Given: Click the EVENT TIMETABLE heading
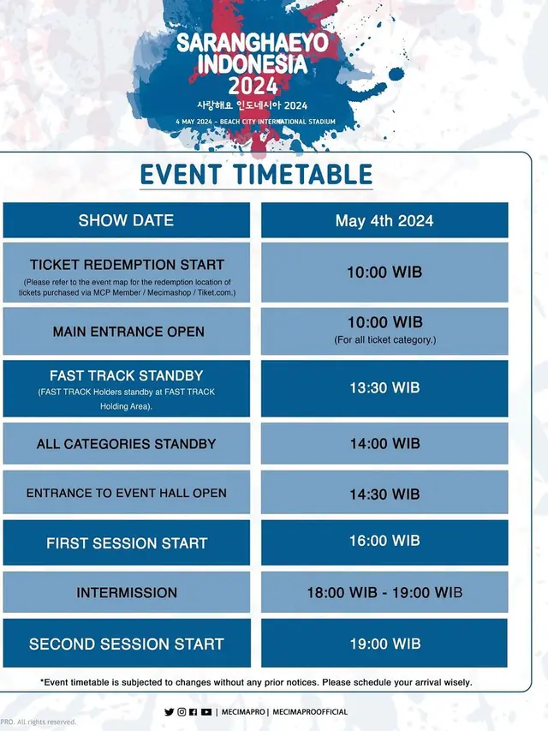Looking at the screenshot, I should [256, 175].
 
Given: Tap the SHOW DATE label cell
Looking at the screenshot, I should [127, 220].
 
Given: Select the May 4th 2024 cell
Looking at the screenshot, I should [384, 220].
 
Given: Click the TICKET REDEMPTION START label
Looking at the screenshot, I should [127, 265].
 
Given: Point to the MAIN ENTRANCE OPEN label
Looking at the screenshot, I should [128, 332].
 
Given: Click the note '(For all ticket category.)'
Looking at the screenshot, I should [384, 340].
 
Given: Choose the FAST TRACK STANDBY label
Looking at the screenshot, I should [126, 375].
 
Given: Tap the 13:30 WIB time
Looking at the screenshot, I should [384, 388].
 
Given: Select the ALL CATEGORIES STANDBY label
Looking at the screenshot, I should [126, 444].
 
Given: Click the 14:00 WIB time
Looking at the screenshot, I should [384, 444].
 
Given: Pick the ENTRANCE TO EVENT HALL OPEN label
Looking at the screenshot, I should [127, 493].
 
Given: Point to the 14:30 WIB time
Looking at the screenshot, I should [384, 494].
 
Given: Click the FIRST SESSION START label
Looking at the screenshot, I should [127, 543].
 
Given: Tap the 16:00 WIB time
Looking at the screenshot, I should [384, 542].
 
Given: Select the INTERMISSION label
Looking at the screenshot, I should [127, 592].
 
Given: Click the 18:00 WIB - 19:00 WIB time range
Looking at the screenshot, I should [384, 592].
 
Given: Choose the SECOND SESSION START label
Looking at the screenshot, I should [127, 644].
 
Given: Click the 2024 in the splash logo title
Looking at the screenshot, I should [253, 85].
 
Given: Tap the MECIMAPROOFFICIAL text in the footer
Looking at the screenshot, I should [309, 712].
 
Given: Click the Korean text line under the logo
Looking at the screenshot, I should [252, 106].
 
